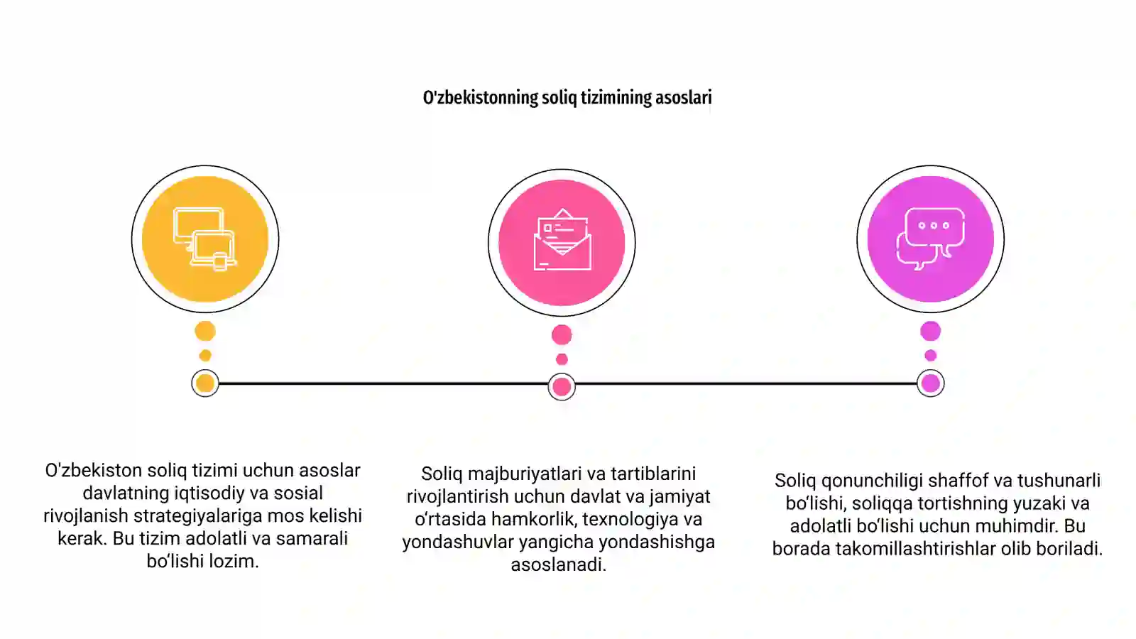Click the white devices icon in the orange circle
pos(205,239)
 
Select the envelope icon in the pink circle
pos(562,239)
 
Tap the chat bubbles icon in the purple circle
pos(931,239)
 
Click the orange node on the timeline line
pos(205,383)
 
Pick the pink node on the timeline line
pos(562,387)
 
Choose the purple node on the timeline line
pos(931,383)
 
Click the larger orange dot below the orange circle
pos(205,331)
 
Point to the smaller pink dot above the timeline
pos(562,359)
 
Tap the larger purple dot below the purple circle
pos(931,331)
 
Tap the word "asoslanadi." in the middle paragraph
pos(558,564)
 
